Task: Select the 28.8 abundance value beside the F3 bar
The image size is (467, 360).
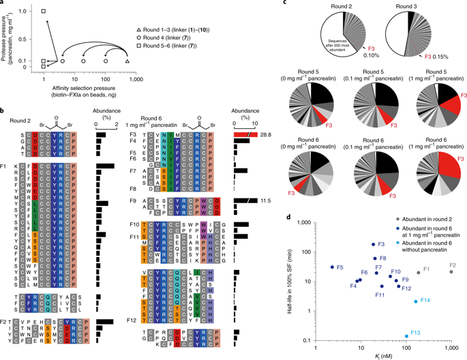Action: (x=264, y=136)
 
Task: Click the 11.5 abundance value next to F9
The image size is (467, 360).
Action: (x=264, y=201)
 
